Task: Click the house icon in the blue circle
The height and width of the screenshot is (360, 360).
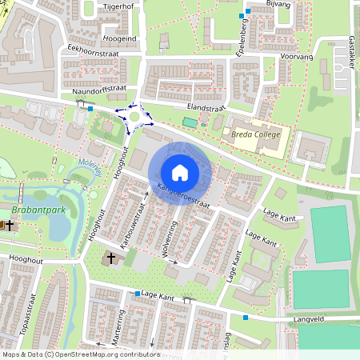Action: click(x=180, y=173)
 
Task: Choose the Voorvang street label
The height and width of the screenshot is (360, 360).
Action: click(x=295, y=57)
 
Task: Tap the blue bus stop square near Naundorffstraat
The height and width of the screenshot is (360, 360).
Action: click(x=90, y=109)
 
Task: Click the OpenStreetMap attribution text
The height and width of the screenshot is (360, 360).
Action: click(x=80, y=354)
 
